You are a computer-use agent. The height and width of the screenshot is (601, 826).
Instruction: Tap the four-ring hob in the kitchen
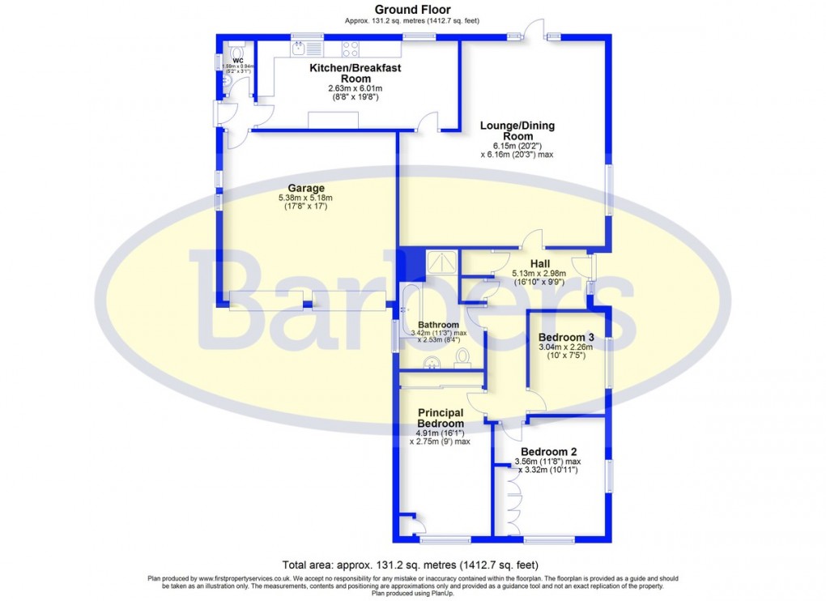[350, 49]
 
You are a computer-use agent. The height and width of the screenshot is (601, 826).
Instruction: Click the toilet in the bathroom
[463, 356]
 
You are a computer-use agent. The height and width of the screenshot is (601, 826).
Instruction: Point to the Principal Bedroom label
[441, 418]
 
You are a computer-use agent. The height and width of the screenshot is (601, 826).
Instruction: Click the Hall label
[540, 263]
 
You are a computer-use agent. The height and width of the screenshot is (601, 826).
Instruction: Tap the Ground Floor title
[412, 10]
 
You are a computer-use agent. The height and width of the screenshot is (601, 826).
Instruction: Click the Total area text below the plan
[410, 565]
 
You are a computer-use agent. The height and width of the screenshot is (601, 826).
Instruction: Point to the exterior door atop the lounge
[534, 31]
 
